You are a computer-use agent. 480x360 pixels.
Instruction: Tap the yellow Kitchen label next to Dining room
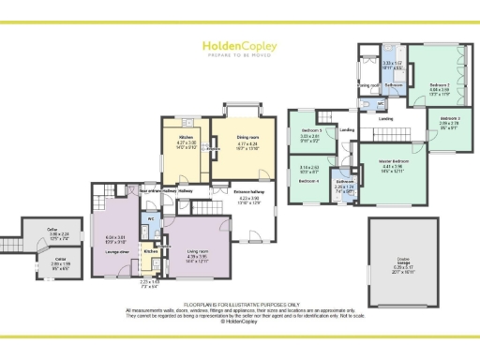[185, 137]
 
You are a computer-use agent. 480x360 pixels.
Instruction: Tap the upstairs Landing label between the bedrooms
[385, 119]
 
